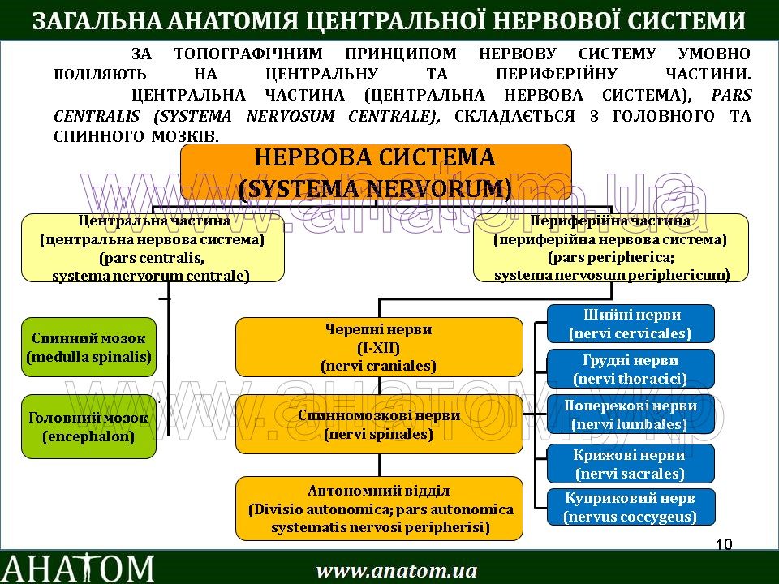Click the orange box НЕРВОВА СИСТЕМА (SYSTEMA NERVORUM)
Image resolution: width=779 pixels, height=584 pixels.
[375, 172]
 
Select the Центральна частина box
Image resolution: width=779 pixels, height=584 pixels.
[153, 247]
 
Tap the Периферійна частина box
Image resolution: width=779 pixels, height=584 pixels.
[610, 247]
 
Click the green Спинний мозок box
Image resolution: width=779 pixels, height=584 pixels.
[88, 346]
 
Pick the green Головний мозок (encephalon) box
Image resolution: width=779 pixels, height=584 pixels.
[88, 427]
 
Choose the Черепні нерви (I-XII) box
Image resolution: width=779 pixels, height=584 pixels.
[379, 347]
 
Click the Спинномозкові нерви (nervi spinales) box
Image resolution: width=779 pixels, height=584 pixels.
[379, 424]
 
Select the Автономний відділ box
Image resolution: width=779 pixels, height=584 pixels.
[379, 509]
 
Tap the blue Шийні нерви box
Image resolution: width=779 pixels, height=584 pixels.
[631, 324]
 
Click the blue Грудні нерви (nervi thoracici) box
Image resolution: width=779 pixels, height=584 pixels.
[631, 369]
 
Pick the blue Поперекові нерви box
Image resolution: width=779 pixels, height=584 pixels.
[631, 414]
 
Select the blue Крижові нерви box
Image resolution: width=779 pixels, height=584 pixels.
[631, 464]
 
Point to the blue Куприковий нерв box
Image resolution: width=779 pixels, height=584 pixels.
[631, 507]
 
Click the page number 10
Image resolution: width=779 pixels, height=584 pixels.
[725, 544]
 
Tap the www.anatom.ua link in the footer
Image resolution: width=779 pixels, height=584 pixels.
[397, 570]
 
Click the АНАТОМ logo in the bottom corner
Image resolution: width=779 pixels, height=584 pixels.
[78, 568]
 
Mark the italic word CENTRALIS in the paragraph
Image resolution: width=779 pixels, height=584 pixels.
[97, 116]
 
